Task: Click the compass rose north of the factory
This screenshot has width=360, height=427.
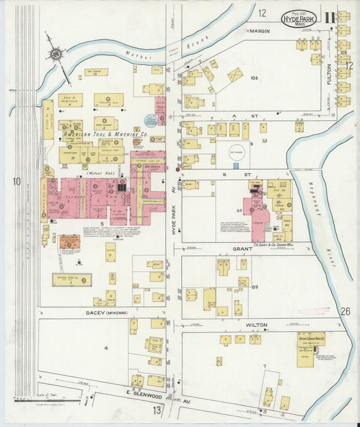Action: [x=55, y=53]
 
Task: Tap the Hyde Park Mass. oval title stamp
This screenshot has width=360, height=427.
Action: [x=299, y=18]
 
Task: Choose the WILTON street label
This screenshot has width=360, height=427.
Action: [x=256, y=325]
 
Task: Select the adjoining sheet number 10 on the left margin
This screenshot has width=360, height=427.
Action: [x=16, y=181]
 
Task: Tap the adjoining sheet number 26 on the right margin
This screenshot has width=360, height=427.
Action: [x=345, y=311]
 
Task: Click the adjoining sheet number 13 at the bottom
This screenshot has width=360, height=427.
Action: [x=157, y=410]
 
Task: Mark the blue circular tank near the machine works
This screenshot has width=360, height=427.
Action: [x=151, y=121]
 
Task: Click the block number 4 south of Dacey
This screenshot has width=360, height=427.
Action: [x=105, y=348]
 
